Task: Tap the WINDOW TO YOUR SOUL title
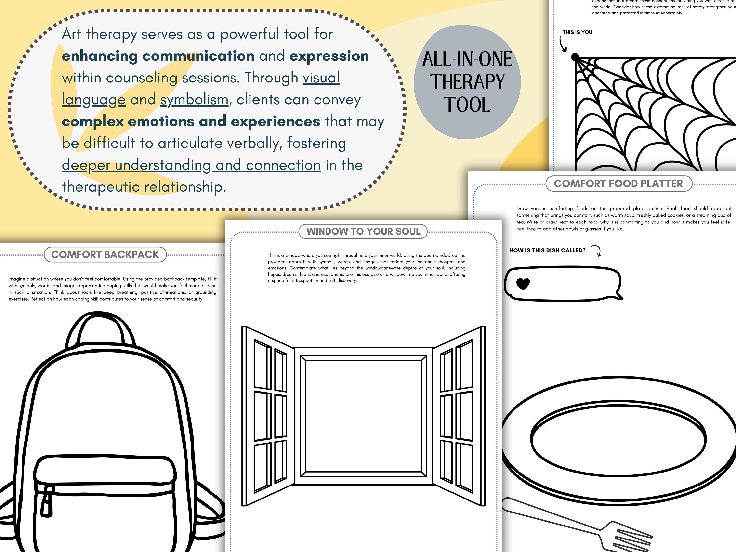tap(363, 231)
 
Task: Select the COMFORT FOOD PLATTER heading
tap(618, 184)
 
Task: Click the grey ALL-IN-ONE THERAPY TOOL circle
tap(467, 82)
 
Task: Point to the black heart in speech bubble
tap(523, 284)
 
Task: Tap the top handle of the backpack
tap(100, 324)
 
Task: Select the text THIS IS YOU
tap(577, 32)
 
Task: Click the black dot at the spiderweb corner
tap(575, 57)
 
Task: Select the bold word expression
tap(329, 56)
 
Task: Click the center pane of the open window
tap(363, 416)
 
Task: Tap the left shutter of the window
tap(268, 416)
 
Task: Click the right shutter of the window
tap(459, 416)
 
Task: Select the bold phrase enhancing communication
tap(158, 56)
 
